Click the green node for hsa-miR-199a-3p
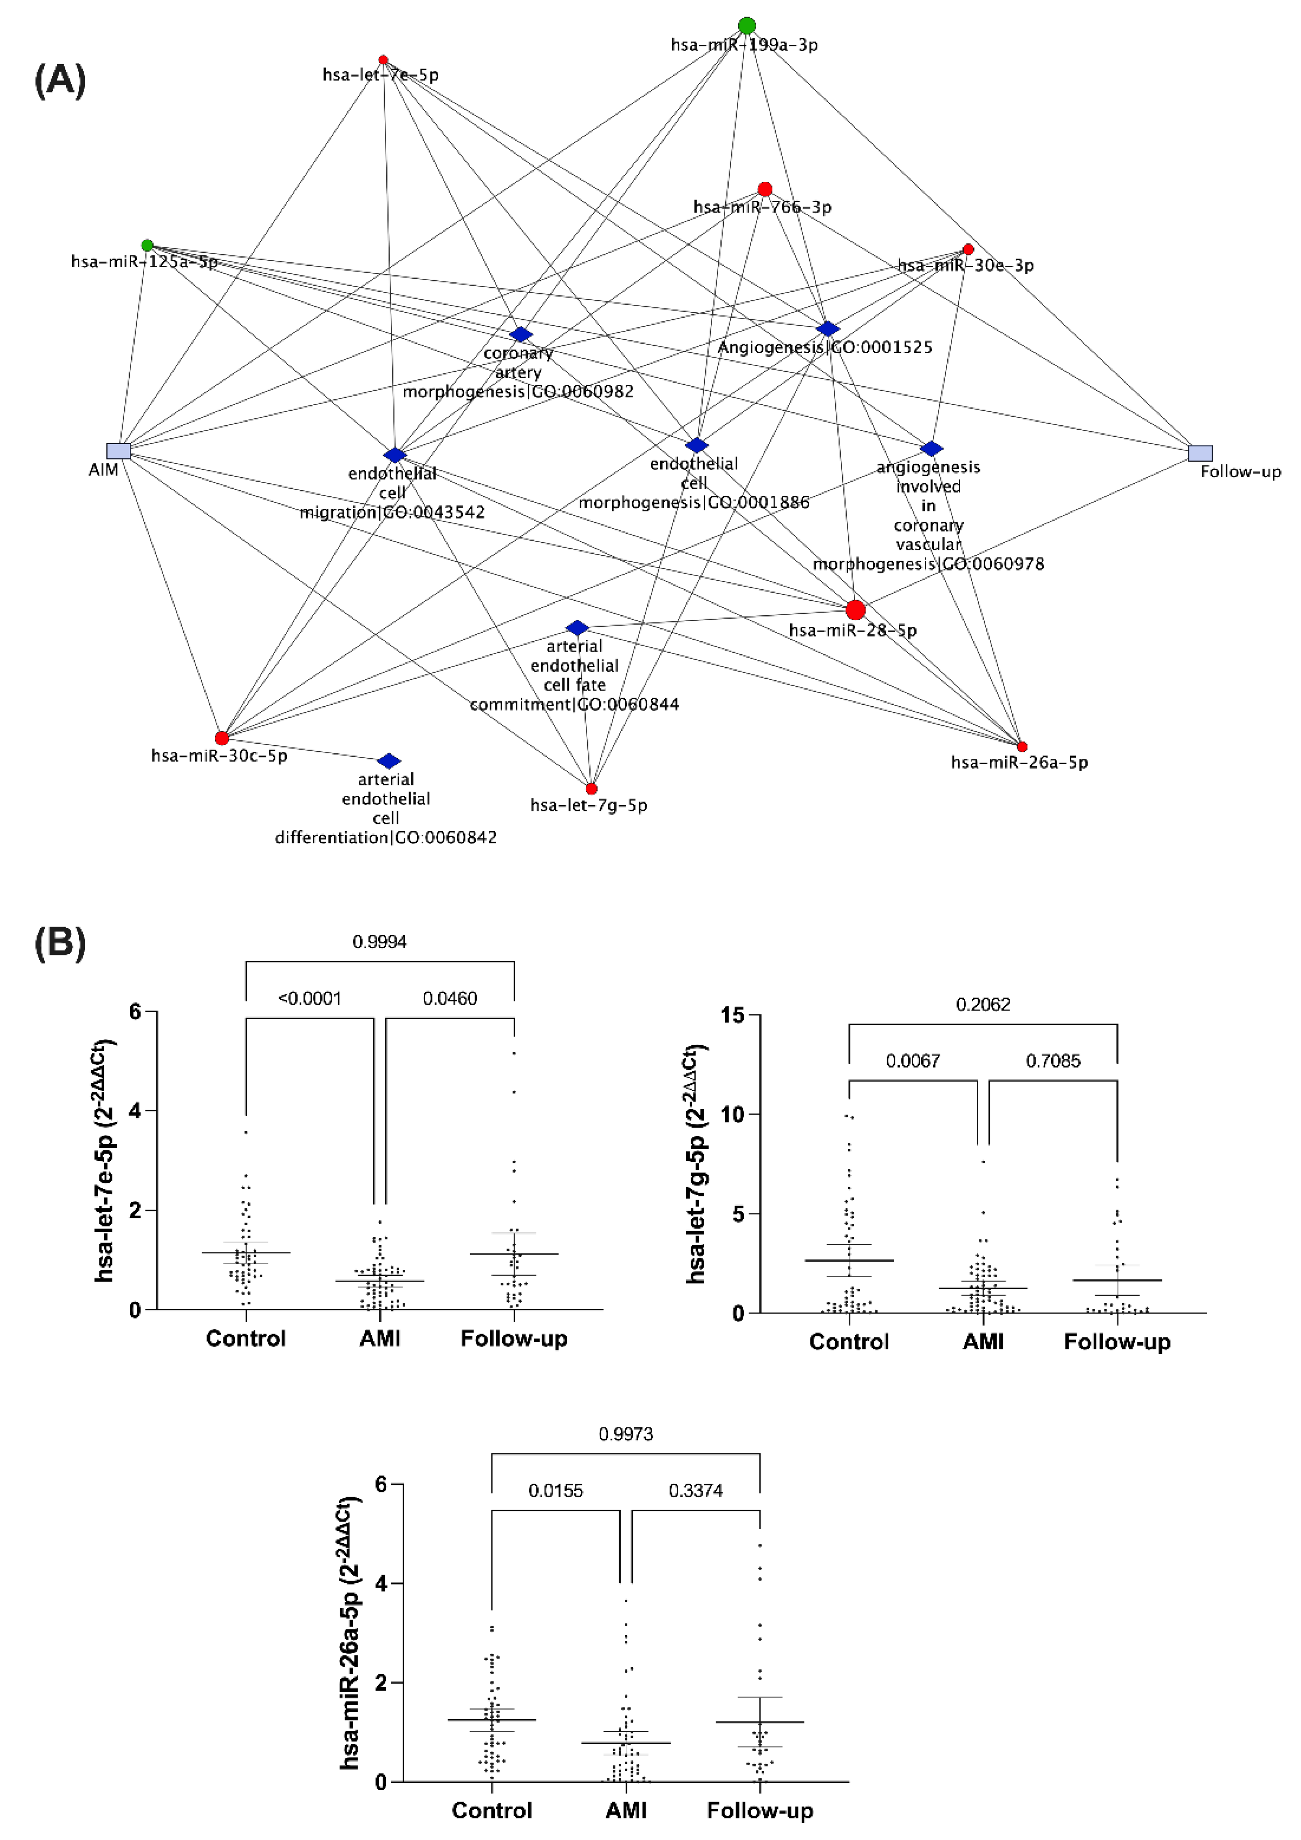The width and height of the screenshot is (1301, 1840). [x=746, y=26]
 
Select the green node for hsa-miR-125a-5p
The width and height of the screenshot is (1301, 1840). [x=147, y=245]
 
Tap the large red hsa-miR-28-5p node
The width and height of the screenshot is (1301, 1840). [x=855, y=610]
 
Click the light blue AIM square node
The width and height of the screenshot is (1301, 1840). [x=119, y=450]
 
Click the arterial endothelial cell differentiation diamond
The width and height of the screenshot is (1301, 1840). [x=389, y=761]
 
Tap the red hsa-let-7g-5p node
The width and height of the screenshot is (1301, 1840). [x=591, y=788]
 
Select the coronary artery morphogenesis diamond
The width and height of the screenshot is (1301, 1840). [x=521, y=334]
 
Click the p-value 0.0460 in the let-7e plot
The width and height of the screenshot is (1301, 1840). [x=450, y=998]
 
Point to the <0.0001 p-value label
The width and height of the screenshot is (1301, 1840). [x=310, y=998]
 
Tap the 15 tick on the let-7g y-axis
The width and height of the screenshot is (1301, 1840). [x=732, y=1015]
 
